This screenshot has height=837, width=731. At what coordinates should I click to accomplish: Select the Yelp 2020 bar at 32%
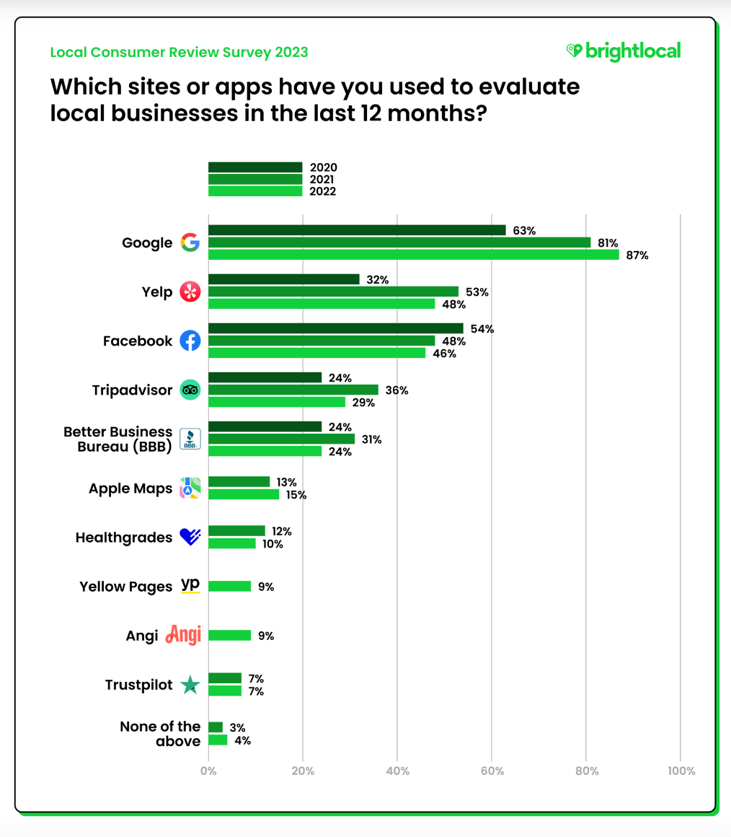tap(283, 279)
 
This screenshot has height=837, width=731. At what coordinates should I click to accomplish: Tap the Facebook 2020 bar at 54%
tap(335, 328)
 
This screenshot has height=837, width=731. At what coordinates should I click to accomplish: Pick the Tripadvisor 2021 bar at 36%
tap(293, 390)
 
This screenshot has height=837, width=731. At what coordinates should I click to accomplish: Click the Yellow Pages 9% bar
tap(229, 587)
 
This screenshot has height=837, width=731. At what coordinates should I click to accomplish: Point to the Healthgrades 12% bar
tap(236, 531)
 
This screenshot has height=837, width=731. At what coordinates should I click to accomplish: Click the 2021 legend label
tap(323, 180)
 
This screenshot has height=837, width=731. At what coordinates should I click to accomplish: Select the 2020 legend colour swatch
tap(255, 167)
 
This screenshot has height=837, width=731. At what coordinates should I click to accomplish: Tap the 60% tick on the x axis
tap(492, 771)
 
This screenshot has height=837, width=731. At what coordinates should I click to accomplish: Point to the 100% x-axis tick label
tap(681, 771)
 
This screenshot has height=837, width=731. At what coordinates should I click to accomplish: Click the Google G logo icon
tap(190, 242)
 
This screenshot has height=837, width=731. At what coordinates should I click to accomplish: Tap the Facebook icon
tap(190, 341)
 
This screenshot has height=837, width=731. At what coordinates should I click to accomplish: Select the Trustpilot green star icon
tap(190, 685)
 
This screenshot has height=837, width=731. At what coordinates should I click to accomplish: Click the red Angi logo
tap(183, 635)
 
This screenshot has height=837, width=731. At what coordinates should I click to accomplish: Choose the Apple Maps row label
tap(130, 488)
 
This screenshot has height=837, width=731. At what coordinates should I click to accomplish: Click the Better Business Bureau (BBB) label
tap(118, 439)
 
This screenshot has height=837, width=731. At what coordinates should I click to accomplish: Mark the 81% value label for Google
tap(607, 242)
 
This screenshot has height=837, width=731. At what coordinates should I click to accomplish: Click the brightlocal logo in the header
tap(623, 51)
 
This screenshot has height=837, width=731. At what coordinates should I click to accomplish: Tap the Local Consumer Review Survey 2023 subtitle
tap(179, 52)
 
